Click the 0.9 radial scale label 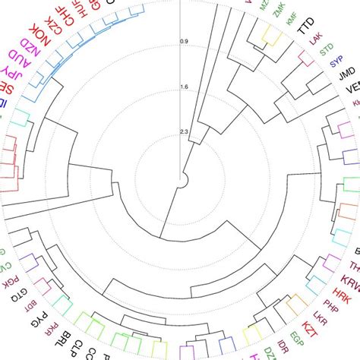[184, 41]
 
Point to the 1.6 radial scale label [184, 87]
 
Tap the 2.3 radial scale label [184, 133]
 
